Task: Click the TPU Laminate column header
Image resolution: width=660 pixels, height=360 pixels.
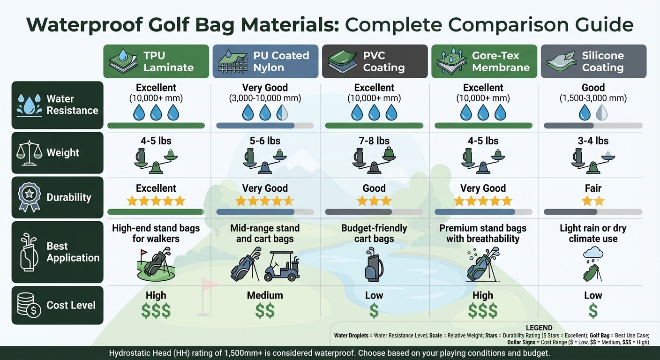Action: pos(156,61)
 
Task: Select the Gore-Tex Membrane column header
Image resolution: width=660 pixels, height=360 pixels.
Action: pos(484,61)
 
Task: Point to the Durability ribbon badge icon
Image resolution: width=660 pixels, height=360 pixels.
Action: pos(28,197)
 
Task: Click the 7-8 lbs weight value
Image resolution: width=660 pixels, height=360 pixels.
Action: pos(374,141)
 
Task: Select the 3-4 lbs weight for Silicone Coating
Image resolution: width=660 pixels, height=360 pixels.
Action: pos(593,141)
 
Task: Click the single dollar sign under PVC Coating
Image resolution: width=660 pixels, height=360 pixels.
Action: pos(374,311)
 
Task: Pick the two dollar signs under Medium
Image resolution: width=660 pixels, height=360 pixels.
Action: pos(265,311)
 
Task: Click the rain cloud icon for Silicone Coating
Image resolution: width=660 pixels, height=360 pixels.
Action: pos(593,254)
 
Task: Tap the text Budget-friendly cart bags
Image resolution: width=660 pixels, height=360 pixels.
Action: pos(374,233)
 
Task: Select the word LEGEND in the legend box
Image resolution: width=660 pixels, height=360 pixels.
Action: pos(540,328)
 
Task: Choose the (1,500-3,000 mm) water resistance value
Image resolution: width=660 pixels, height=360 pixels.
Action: pos(593,98)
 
